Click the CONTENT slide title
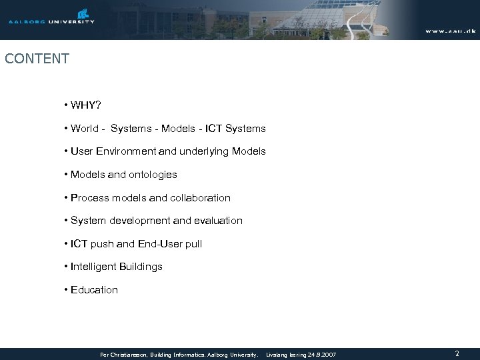(x=37, y=59)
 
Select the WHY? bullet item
(x=85, y=105)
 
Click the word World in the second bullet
(x=86, y=128)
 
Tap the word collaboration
(x=199, y=198)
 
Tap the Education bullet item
(x=94, y=290)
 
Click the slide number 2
(x=457, y=353)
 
